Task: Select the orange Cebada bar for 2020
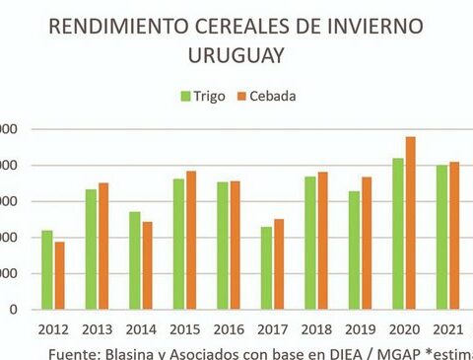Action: [410, 223]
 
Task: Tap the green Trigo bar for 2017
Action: [266, 267]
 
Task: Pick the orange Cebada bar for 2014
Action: [147, 265]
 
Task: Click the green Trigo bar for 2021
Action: [441, 237]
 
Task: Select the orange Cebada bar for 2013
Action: [102, 246]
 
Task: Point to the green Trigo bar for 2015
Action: [178, 244]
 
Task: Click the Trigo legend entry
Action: [203, 96]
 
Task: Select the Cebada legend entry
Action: [265, 96]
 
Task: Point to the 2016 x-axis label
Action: [228, 328]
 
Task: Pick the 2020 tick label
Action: [403, 328]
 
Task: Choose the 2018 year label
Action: [315, 328]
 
